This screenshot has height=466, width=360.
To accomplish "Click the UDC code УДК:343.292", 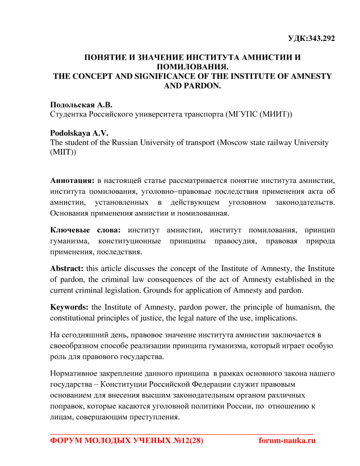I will click(312, 39).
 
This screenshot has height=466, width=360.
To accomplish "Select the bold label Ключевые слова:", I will click(85, 230).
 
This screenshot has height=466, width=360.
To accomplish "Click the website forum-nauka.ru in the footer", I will click(286, 440).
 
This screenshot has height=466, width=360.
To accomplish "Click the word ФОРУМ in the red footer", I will click(67, 440).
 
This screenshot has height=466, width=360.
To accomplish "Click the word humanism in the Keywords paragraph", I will click(306, 307).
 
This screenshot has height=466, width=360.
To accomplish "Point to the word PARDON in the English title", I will click(203, 86).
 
